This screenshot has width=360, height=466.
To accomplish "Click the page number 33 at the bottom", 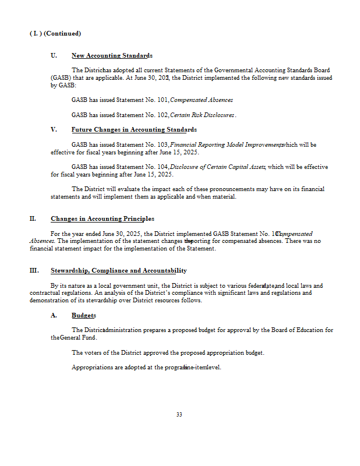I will [x=179, y=415].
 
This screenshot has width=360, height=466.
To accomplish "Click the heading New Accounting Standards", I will [x=111, y=56].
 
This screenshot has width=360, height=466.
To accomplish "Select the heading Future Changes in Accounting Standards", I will [x=133, y=129].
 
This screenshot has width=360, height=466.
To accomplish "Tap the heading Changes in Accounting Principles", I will [x=102, y=219].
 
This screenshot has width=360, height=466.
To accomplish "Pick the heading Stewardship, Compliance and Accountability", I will [x=118, y=271].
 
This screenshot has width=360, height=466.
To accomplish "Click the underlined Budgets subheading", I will [x=83, y=315].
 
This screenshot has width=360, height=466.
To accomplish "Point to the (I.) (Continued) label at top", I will [x=55, y=33].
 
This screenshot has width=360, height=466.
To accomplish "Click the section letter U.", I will [x=54, y=56].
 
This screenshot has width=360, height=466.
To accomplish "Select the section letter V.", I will [x=54, y=129].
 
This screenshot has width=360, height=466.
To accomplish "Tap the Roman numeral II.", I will [x=33, y=219].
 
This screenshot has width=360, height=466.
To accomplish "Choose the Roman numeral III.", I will [x=34, y=271].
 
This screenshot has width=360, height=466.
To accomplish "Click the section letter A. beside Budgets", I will [x=54, y=315].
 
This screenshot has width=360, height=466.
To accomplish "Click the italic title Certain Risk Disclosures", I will [x=202, y=115].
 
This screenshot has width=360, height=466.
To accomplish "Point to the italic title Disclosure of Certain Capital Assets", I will [x=217, y=167].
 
